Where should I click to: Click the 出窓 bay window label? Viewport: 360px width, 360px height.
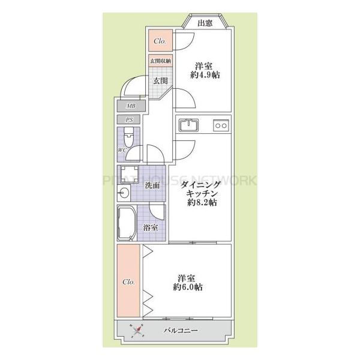[x=205, y=23]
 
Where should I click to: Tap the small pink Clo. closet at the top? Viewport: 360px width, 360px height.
[x=160, y=41]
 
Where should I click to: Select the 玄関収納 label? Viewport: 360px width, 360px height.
[x=160, y=61]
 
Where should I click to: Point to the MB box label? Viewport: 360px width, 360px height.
[x=130, y=106]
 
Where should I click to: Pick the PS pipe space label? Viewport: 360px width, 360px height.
[x=130, y=120]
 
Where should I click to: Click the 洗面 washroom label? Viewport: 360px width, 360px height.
[x=152, y=185]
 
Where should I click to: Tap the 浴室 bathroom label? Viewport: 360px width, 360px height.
[x=151, y=227]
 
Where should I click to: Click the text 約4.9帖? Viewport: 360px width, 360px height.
[x=204, y=76]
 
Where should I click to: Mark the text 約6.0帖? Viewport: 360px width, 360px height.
[x=188, y=288]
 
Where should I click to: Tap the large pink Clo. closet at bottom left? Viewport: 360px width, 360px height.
[x=128, y=282]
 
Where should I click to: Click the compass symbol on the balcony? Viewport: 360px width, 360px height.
[x=137, y=329]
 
